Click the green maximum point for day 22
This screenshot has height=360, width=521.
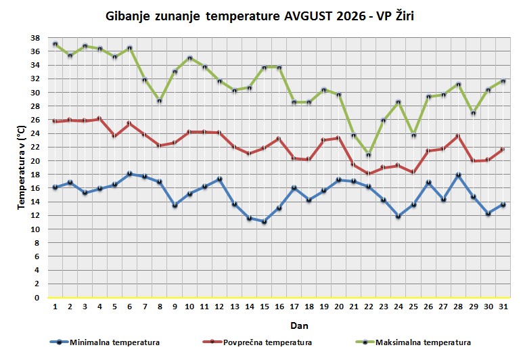(x=369, y=154)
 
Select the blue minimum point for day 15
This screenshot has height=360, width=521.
(x=264, y=221)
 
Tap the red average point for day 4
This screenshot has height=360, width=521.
(x=99, y=118)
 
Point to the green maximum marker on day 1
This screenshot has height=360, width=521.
(x=55, y=44)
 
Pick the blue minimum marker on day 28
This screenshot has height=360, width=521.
(x=458, y=175)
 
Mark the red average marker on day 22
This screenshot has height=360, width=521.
(x=369, y=173)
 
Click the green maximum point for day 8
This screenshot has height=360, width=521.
(x=160, y=100)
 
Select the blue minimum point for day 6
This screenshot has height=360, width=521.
(x=130, y=173)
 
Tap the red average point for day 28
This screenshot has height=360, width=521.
(x=458, y=136)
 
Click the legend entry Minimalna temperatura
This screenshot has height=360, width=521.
(x=105, y=342)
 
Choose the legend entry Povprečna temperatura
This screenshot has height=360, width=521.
(x=258, y=342)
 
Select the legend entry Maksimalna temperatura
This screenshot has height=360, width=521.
(x=413, y=342)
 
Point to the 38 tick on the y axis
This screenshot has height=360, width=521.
(x=35, y=38)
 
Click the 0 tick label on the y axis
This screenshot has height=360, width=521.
(x=37, y=298)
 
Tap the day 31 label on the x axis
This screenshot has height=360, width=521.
(x=503, y=307)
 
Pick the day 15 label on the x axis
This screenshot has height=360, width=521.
(x=264, y=307)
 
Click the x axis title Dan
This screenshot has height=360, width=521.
(x=299, y=325)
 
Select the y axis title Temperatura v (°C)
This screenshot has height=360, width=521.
(x=21, y=167)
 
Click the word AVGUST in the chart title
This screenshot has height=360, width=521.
(x=309, y=16)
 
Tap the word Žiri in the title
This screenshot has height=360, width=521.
(x=405, y=16)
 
